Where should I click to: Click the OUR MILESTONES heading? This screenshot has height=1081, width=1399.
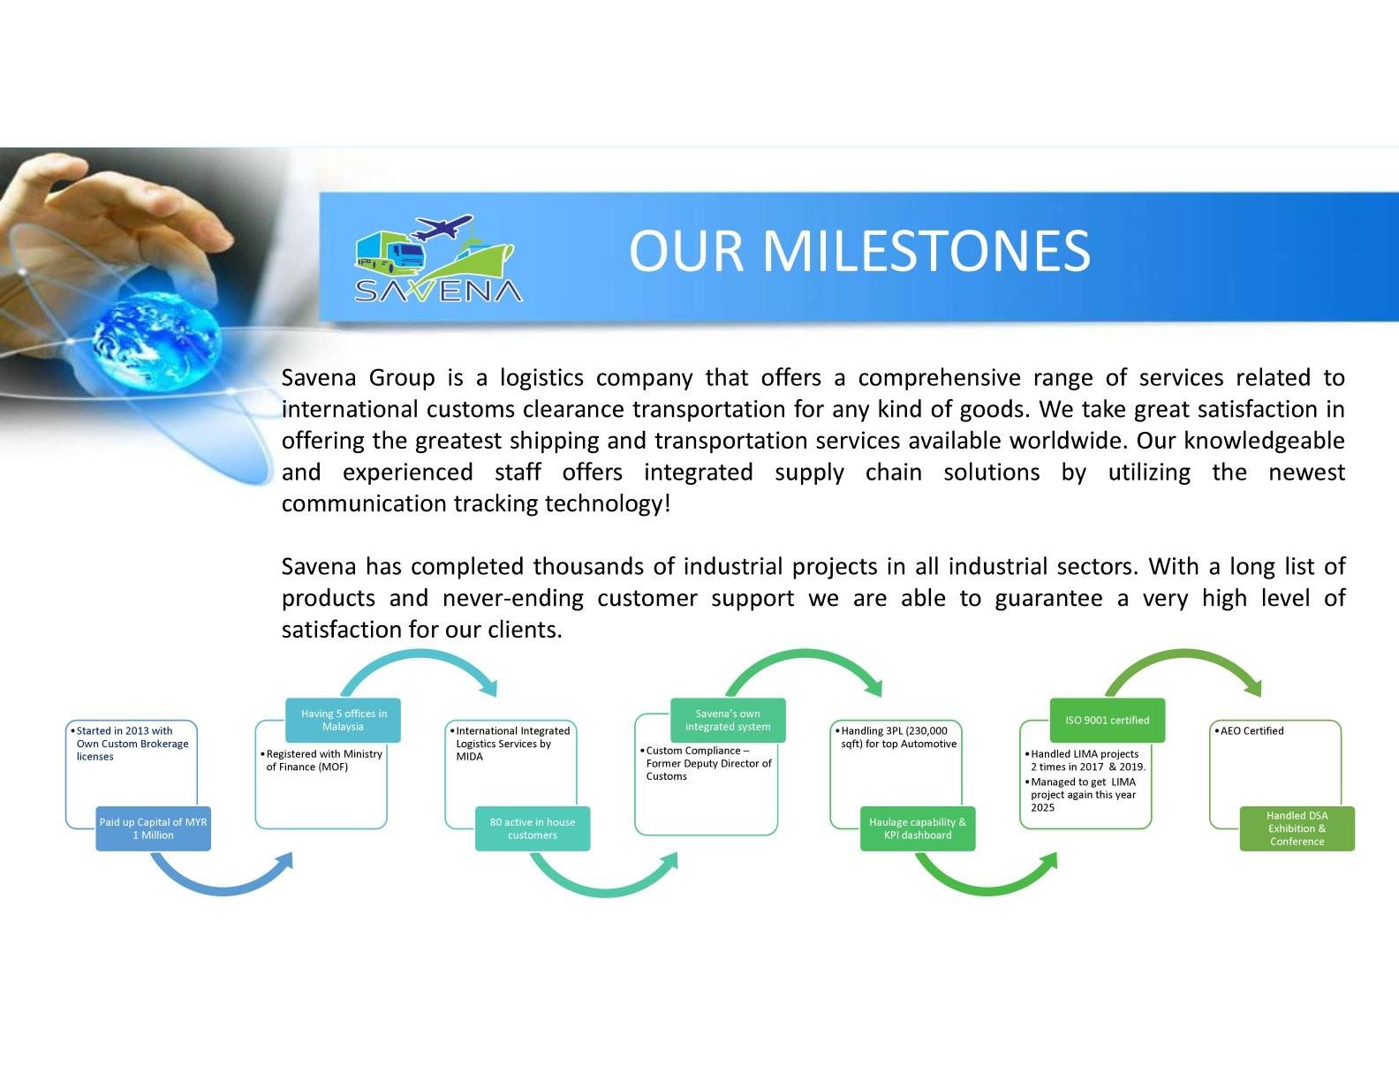tap(859, 251)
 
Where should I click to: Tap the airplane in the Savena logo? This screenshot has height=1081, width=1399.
tap(442, 226)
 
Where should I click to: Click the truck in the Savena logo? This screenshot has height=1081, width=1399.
tap(389, 252)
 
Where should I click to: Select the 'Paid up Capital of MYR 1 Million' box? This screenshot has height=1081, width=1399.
tap(153, 828)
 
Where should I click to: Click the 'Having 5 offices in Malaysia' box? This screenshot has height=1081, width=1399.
tap(344, 721)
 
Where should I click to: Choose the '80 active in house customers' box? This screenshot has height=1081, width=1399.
tap(533, 828)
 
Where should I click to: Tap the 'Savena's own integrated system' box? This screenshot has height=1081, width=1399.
tap(728, 721)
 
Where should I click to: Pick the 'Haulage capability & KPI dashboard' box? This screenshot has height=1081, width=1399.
tap(918, 828)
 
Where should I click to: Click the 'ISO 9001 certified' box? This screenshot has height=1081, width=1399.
tap(1108, 721)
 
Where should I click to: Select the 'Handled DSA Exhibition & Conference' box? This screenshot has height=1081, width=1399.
tap(1297, 828)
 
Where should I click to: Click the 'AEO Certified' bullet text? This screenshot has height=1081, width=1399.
tap(1249, 730)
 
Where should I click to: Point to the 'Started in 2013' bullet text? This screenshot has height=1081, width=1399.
tap(130, 744)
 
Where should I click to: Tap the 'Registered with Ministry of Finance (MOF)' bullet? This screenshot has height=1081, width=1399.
tap(321, 760)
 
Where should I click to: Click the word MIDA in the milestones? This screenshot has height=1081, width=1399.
tap(469, 757)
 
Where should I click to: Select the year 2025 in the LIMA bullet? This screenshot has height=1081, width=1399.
tap(1042, 807)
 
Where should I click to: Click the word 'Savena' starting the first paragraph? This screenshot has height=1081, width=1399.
tap(319, 377)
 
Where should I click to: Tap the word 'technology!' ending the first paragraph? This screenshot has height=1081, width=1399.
tap(608, 504)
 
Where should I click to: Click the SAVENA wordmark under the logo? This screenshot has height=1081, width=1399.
tap(438, 291)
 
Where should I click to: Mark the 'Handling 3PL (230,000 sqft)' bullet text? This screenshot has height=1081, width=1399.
tap(896, 737)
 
